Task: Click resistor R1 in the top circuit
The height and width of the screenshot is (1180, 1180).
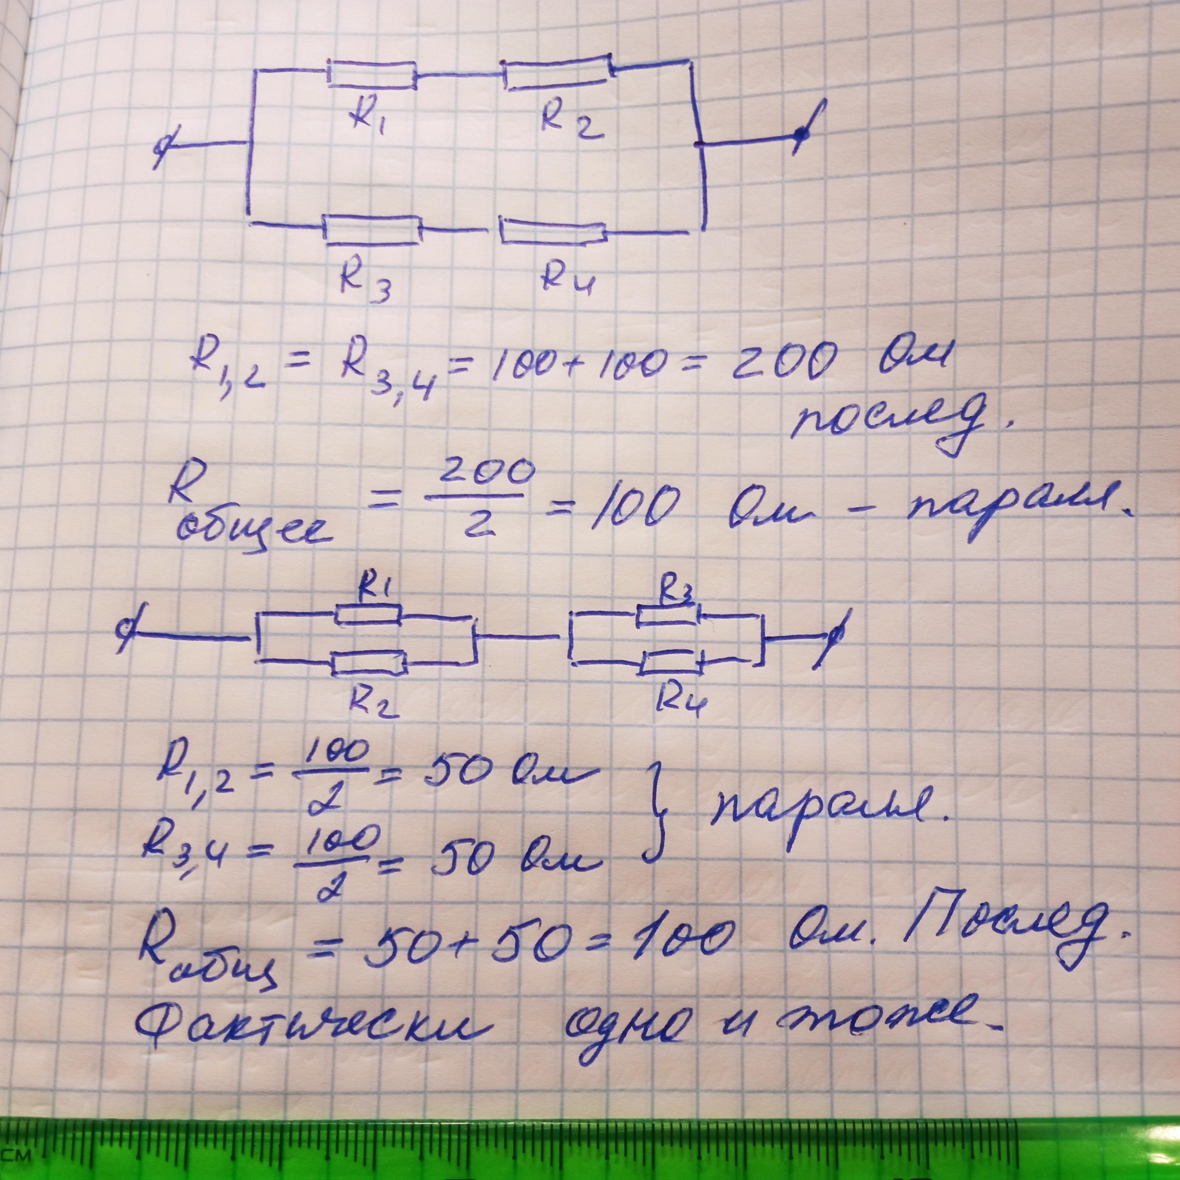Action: click(x=373, y=75)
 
